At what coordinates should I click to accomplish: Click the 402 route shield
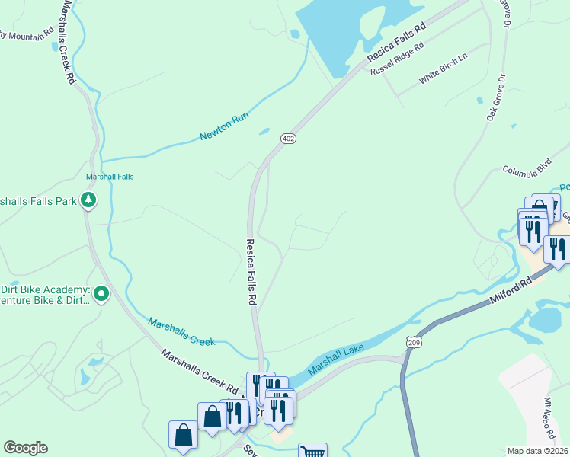click(x=288, y=139)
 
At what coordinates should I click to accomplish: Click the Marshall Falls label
click(x=110, y=177)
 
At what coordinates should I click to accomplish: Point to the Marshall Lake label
click(x=338, y=360)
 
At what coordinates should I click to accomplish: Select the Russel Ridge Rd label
click(x=396, y=59)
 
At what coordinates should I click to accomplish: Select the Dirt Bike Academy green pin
click(x=101, y=293)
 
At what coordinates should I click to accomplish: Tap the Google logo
click(x=25, y=448)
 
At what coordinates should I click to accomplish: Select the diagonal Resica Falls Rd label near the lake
click(x=395, y=43)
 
